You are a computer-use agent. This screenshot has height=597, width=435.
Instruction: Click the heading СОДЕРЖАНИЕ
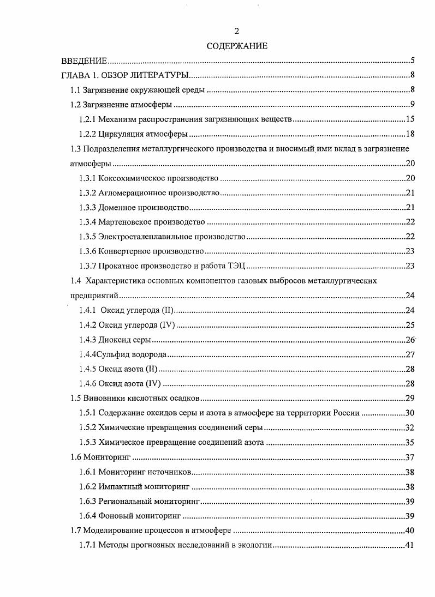coord(237,46)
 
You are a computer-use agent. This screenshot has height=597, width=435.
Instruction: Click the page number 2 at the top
coord(237,31)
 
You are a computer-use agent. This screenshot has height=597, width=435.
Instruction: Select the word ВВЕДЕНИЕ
coord(84,61)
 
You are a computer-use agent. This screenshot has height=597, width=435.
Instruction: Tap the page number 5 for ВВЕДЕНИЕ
coord(414,61)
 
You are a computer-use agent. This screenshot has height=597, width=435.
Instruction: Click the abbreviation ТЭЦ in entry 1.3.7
coord(239,267)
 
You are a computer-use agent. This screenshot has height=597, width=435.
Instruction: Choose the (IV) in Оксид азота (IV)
coord(153,384)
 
